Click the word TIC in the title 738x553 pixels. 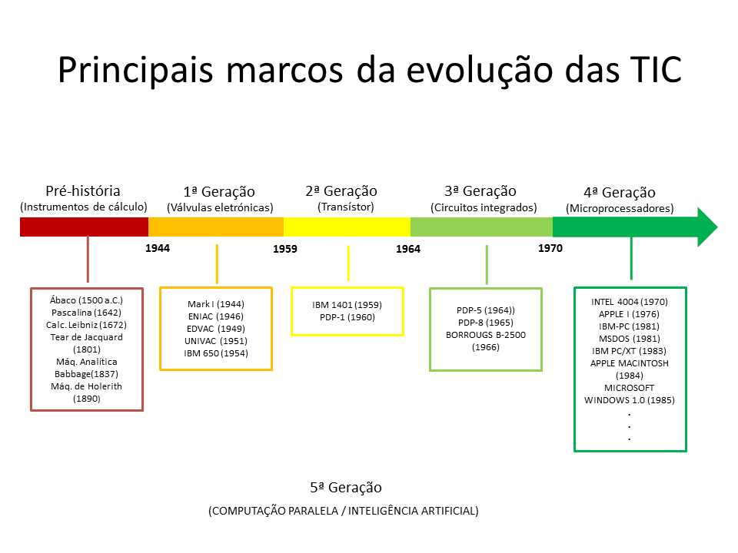[650, 69]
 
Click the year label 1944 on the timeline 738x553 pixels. [158, 248]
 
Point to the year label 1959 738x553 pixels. [285, 249]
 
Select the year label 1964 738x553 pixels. [408, 249]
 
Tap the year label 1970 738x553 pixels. [550, 248]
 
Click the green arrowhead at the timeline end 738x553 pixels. [706, 227]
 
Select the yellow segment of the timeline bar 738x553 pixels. [347, 227]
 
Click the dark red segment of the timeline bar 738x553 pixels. [84, 227]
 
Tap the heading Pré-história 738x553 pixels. [83, 191]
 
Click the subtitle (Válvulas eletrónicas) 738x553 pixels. [220, 207]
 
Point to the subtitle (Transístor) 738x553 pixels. [346, 207]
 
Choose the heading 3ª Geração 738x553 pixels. [480, 191]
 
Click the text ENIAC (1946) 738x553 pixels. [216, 316]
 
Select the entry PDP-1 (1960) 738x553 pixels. [347, 316]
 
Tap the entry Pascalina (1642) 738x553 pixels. [86, 312]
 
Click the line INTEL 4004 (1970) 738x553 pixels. [630, 302]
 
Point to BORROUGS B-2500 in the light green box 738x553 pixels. [485, 335]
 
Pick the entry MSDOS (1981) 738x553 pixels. [630, 339]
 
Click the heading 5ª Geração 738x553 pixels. [346, 488]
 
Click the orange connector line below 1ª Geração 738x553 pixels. [218, 264]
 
